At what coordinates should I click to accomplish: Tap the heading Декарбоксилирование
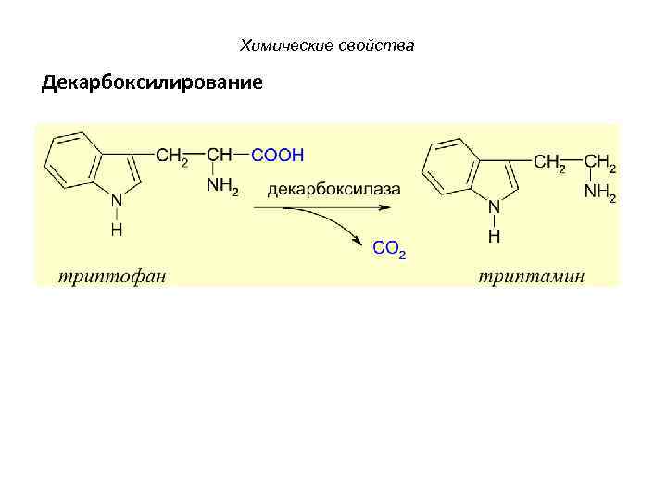152,83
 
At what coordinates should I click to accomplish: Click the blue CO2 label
389,248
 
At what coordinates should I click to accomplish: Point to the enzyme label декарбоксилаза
334,189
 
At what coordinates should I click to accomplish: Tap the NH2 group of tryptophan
221,187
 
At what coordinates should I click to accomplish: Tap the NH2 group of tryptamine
599,194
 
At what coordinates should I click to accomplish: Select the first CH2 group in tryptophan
171,156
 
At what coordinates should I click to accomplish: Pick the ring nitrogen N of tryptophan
116,200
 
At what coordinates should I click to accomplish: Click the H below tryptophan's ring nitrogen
116,230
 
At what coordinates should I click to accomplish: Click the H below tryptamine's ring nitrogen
494,236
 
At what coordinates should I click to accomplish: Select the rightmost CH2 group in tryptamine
599,162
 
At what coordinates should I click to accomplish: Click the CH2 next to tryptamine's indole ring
549,162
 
